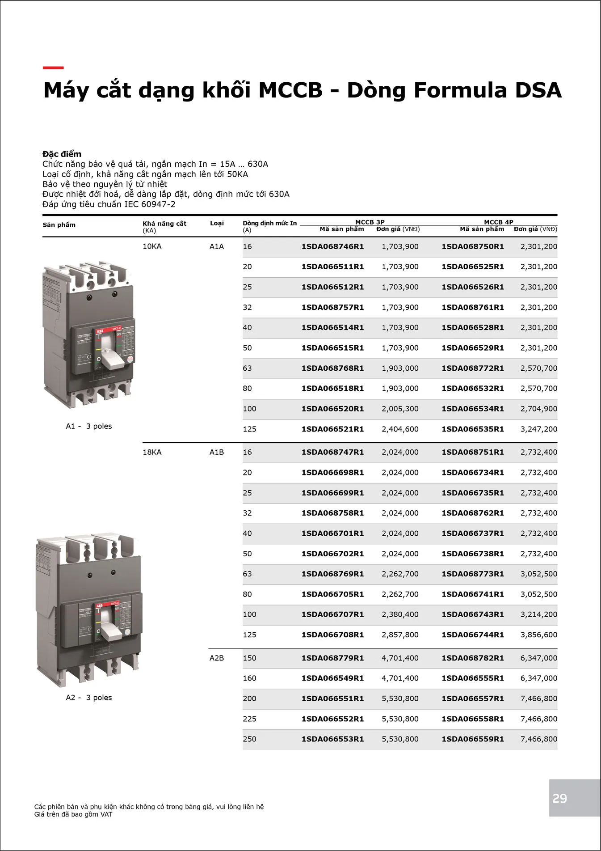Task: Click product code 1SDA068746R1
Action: pos(332,246)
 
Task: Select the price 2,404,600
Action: pos(400,429)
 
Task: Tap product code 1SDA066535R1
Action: pos(473,429)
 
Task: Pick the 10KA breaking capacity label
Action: pos(152,246)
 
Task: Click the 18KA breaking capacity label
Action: pos(152,452)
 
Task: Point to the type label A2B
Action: pos(217,658)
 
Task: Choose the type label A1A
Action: pos(217,246)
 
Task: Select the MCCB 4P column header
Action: pos(499,222)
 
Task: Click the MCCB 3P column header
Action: pos(370,222)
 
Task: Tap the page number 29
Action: pos(559,798)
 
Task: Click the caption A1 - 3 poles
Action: pos(89,426)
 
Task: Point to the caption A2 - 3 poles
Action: pos(89,698)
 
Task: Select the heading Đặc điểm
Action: pos(62,154)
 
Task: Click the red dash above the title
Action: pos(53,68)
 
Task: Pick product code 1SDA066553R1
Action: pos(332,739)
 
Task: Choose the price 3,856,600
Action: pos(538,635)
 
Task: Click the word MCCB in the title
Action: pos(290,90)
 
